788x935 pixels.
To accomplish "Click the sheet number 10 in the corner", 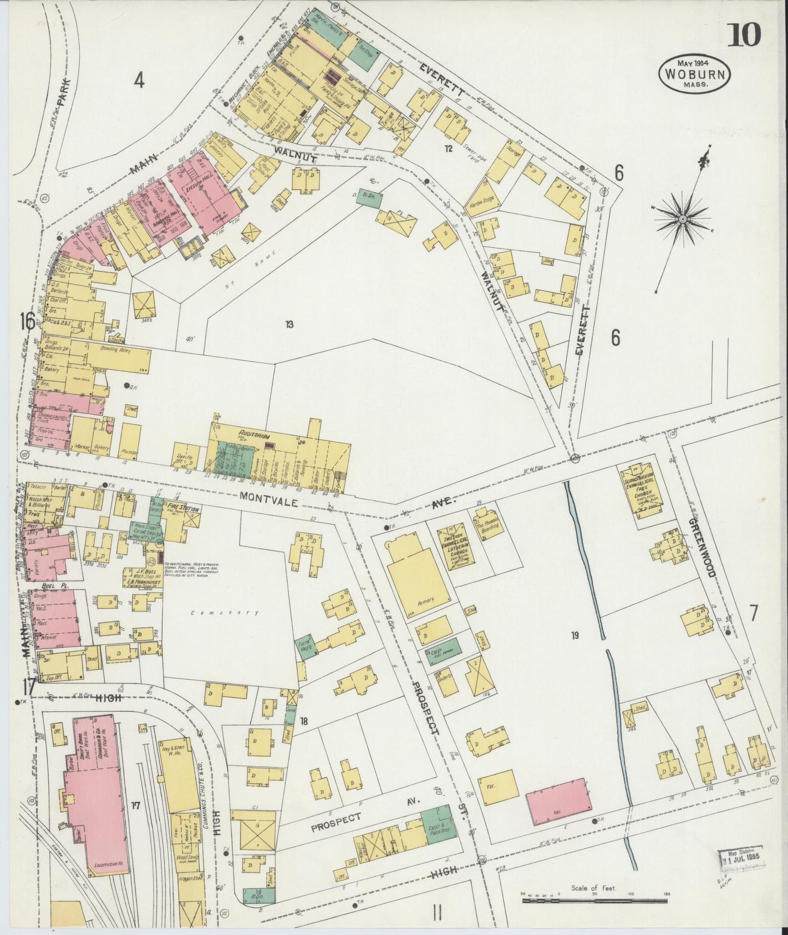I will pos(744,35).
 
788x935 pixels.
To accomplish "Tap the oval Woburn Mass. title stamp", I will pos(694,74).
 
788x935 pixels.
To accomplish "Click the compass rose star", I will pos(682,219).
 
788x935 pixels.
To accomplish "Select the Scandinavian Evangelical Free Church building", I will pos(642,489).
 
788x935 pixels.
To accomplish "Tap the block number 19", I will pos(574,634).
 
